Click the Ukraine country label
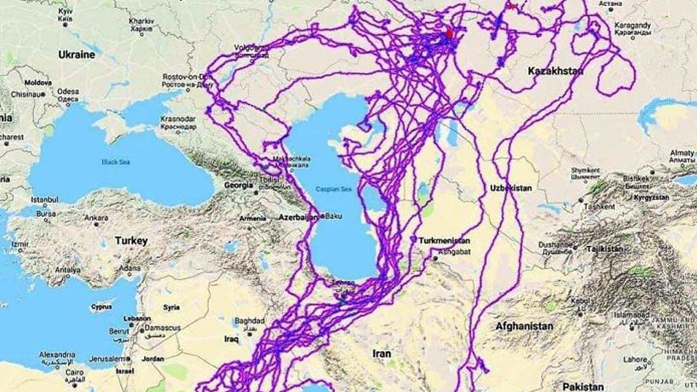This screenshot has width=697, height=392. (x=76, y=55)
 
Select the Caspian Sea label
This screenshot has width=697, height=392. (x=331, y=189)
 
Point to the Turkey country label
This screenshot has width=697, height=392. (x=131, y=240)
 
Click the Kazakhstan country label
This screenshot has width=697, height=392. (x=556, y=71)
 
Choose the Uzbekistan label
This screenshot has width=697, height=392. (x=511, y=188)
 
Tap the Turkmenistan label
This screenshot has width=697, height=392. (x=445, y=240)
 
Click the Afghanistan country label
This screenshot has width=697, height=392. (x=524, y=326)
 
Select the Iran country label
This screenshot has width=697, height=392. (x=382, y=353)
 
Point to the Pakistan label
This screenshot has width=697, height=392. (x=583, y=387)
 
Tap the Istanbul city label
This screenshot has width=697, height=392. (x=45, y=200)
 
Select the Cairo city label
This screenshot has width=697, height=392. (x=74, y=372)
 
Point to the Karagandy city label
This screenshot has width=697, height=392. (x=634, y=26)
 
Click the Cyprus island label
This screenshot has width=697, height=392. (x=101, y=307)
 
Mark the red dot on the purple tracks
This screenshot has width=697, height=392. (x=449, y=34)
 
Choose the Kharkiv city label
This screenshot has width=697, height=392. (x=141, y=21)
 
